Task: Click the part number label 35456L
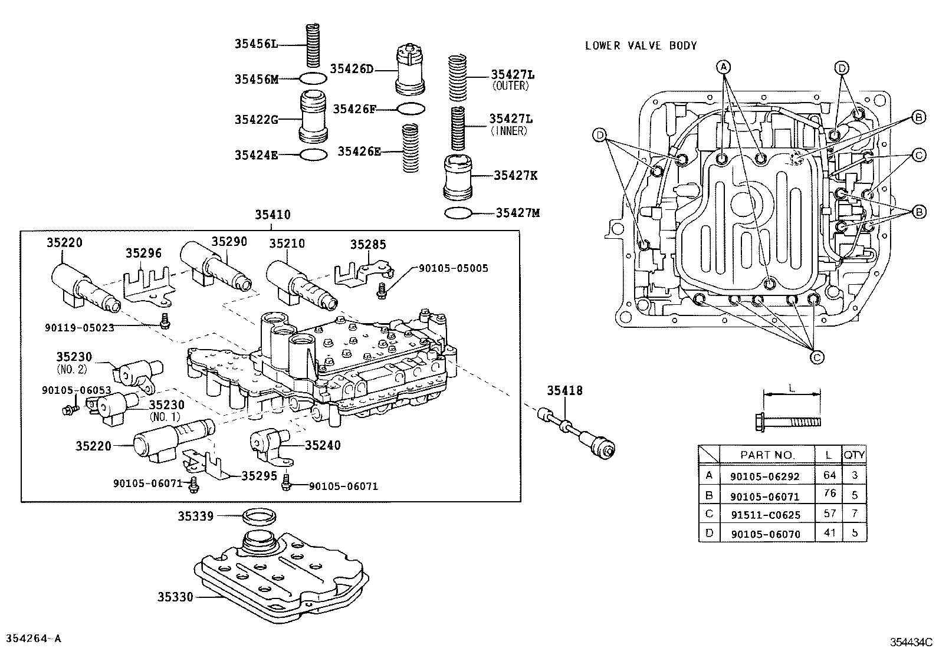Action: (x=255, y=44)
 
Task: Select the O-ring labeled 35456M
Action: (x=313, y=78)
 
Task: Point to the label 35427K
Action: (x=516, y=175)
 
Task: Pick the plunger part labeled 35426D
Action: (x=410, y=70)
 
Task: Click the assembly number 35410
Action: (x=272, y=215)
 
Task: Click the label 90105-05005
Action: (x=453, y=268)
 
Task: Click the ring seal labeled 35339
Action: (x=259, y=517)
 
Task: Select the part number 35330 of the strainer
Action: (x=175, y=597)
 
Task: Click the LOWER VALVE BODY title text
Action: (x=641, y=45)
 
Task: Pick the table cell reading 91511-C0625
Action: (x=765, y=515)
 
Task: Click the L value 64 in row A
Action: (x=830, y=475)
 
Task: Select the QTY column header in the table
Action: (x=853, y=455)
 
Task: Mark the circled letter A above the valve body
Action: (x=724, y=65)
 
